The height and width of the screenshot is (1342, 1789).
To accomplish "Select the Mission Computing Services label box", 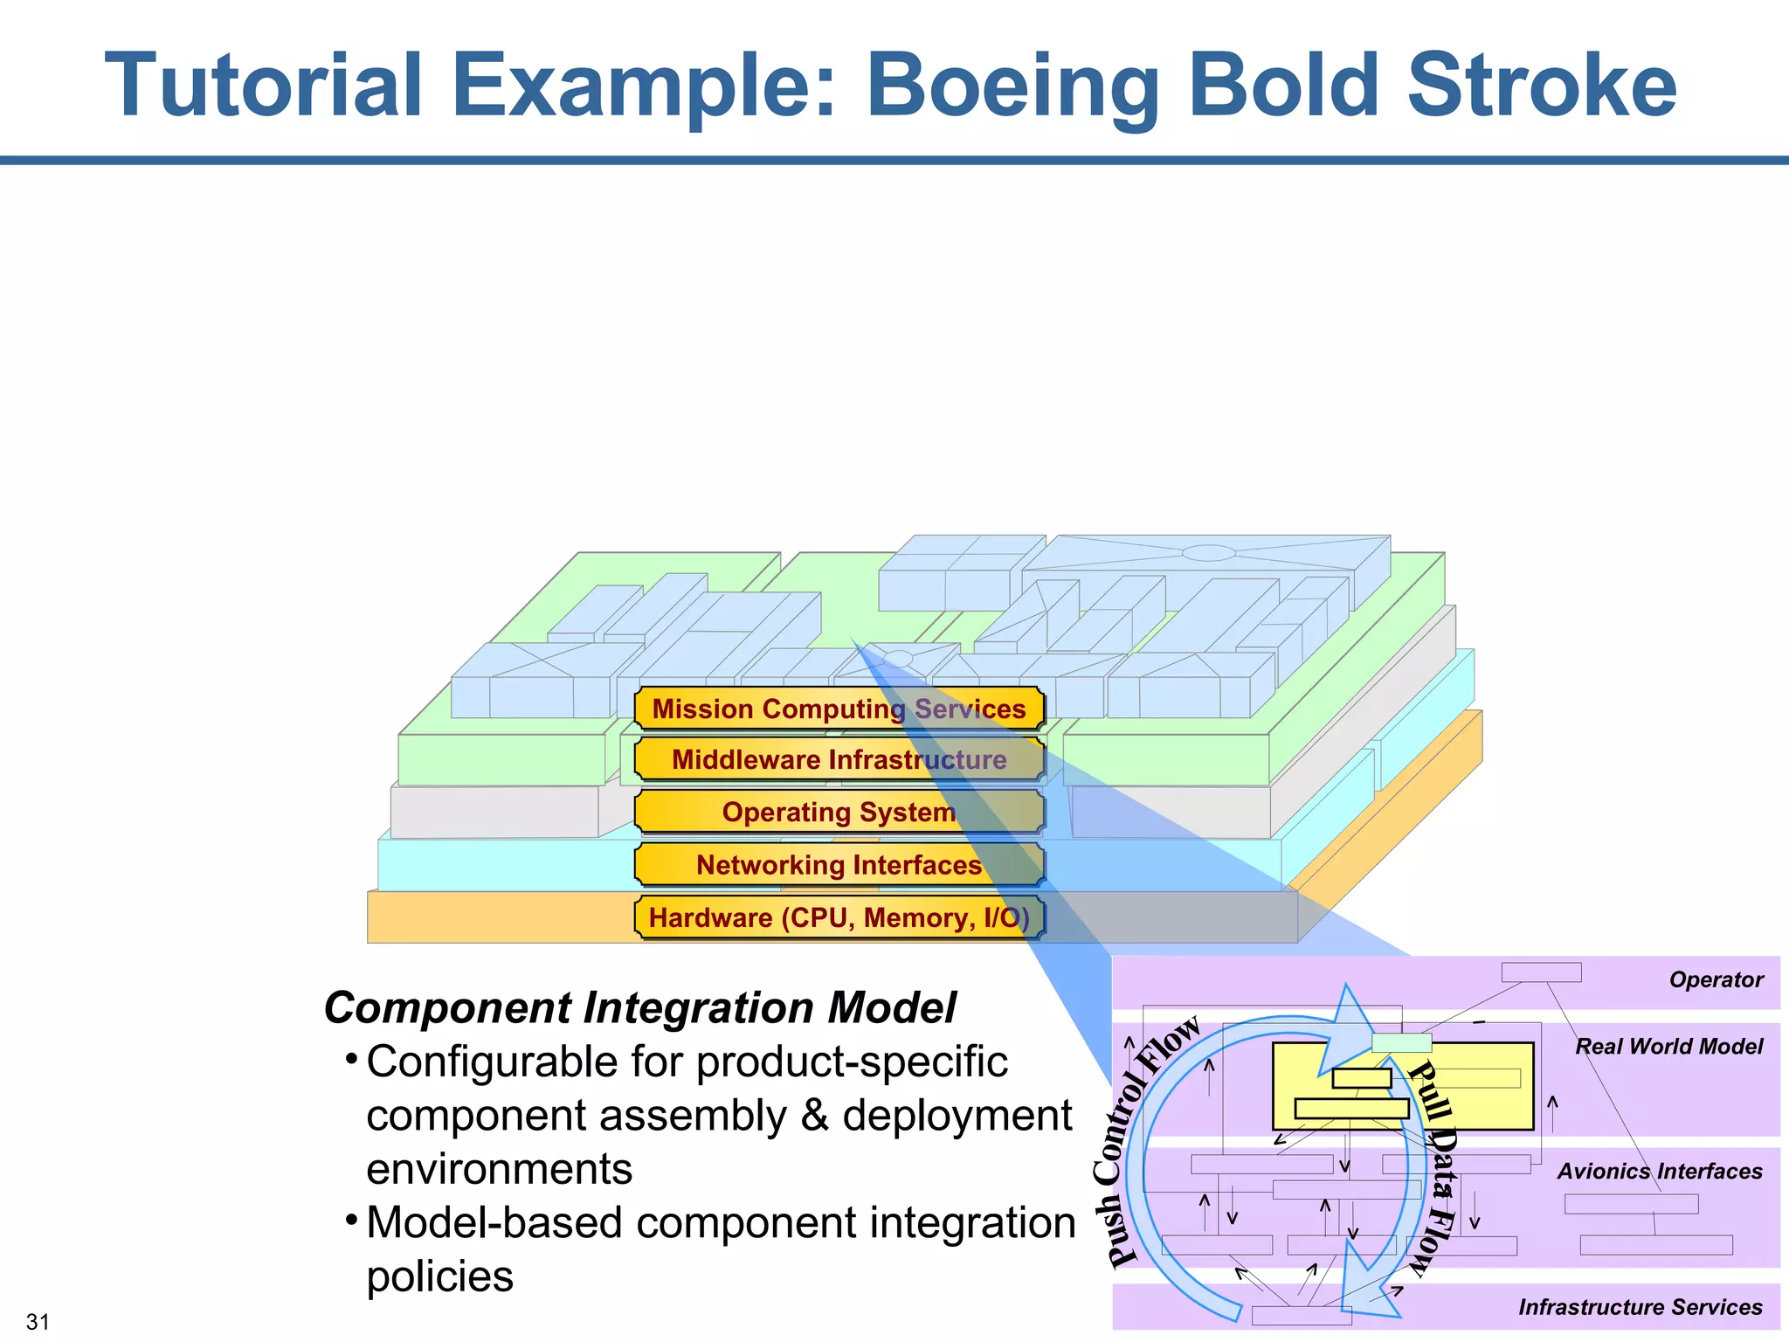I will coord(839,709).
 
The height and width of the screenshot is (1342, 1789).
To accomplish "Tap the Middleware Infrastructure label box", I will coord(839,759).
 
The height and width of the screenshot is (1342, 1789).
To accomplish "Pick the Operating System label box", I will coord(839,812).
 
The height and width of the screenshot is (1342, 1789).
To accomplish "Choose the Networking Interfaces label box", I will coord(839,865).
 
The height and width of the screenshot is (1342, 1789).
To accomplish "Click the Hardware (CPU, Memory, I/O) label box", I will coord(839,917).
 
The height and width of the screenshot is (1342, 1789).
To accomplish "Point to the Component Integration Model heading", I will coord(640,1007).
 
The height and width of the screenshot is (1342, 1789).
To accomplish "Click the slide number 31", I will coord(38,1322).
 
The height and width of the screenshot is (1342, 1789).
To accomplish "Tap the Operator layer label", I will coord(1716,979).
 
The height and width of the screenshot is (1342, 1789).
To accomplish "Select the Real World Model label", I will coord(1668,1046).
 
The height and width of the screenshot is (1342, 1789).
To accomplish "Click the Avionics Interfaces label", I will coord(1659,1171).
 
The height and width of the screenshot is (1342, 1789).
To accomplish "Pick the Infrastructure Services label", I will coord(1640,1307).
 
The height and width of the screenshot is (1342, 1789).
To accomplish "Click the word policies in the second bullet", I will coord(439,1276).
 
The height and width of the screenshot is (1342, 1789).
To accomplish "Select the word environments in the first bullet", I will coord(499,1169).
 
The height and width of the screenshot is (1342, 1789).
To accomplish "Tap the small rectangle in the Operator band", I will coord(1541,972).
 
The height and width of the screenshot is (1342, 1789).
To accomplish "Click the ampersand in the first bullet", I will coord(814,1116).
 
